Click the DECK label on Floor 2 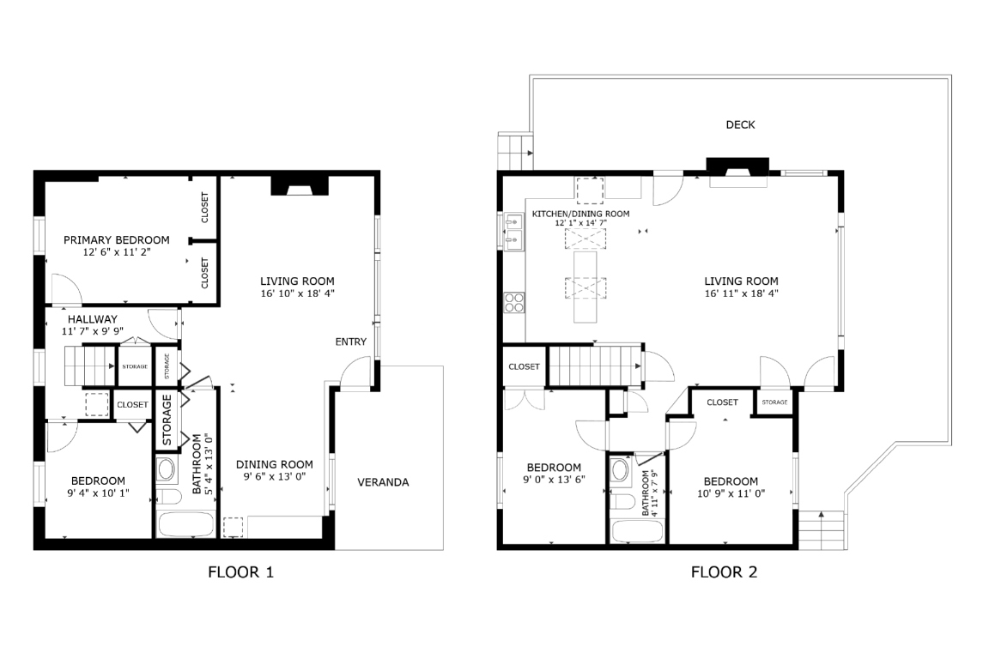click(x=740, y=125)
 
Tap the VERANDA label click(x=383, y=482)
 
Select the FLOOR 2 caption click(x=724, y=571)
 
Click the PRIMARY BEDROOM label click(x=116, y=240)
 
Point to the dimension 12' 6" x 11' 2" click(x=116, y=253)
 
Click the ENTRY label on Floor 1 click(x=350, y=342)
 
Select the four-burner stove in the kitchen click(x=513, y=302)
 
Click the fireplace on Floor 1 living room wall click(x=300, y=186)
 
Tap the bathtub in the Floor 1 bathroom click(x=185, y=524)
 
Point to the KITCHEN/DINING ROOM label click(x=580, y=214)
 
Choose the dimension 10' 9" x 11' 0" click(x=731, y=493)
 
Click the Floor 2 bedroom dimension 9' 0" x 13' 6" click(x=554, y=480)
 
